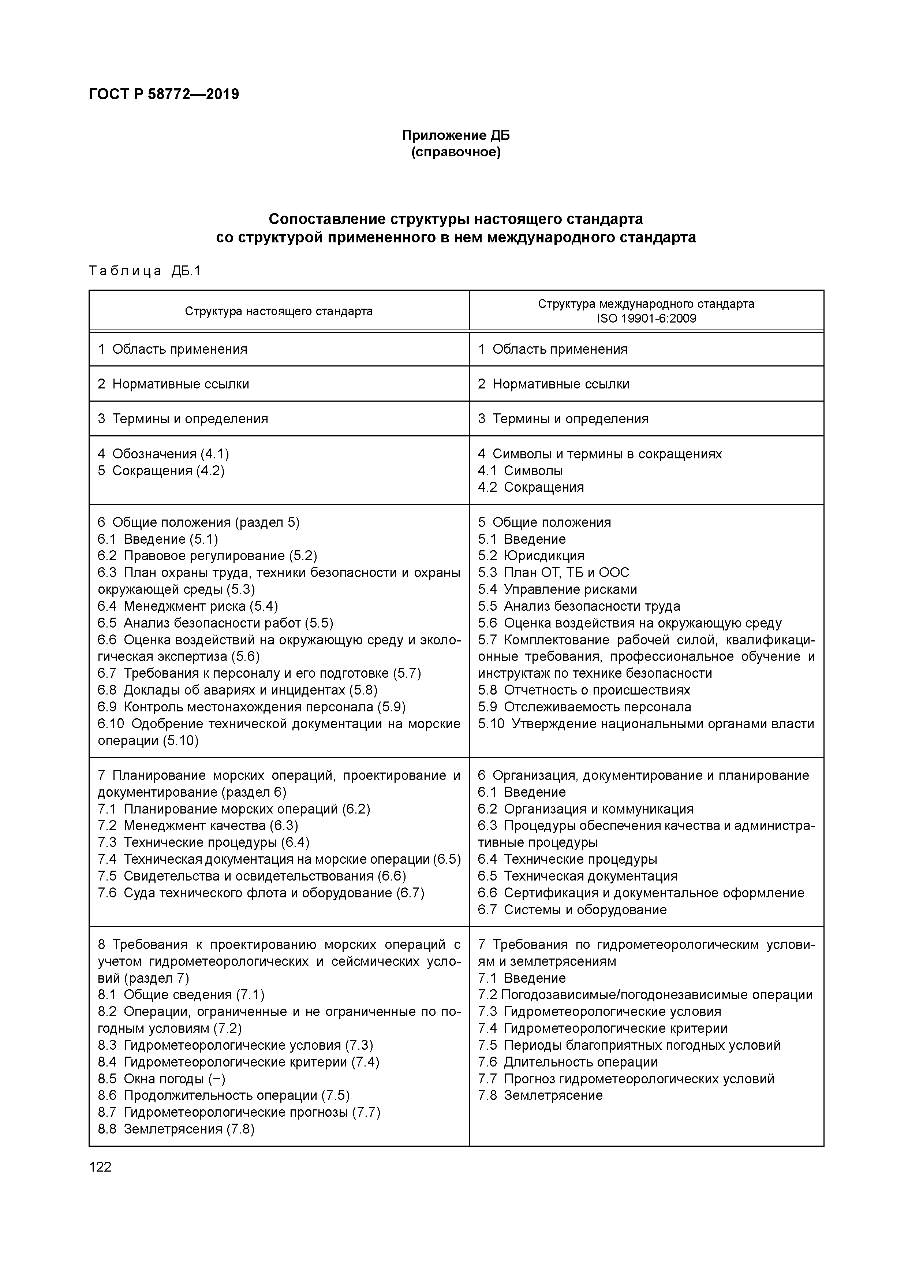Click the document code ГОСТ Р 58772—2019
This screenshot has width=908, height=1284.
pyautogui.click(x=164, y=94)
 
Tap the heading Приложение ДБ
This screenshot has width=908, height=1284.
pyautogui.click(x=456, y=135)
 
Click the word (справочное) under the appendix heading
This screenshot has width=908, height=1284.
pyautogui.click(x=456, y=152)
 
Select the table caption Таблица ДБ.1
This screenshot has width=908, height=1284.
pyautogui.click(x=144, y=271)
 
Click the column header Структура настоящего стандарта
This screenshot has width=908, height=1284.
pyautogui.click(x=279, y=311)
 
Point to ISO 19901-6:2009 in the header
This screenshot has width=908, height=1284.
pyautogui.click(x=646, y=319)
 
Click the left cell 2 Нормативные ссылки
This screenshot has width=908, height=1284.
pyautogui.click(x=173, y=384)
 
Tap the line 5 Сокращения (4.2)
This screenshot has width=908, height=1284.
pyautogui.click(x=161, y=470)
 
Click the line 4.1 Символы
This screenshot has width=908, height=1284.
pyautogui.click(x=520, y=470)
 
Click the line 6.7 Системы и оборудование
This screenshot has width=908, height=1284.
pyautogui.click(x=572, y=909)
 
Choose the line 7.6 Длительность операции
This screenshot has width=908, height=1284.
pyautogui.click(x=568, y=1062)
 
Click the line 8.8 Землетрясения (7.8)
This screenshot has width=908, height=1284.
pyautogui.click(x=176, y=1129)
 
